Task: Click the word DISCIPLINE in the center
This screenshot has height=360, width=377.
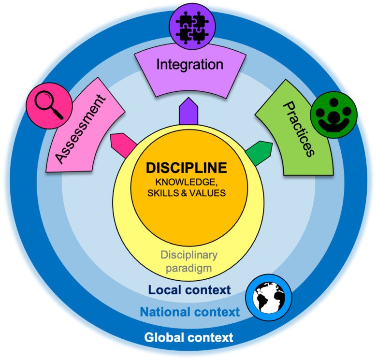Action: tap(187, 168)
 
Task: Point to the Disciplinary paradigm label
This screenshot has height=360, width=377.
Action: tap(189, 261)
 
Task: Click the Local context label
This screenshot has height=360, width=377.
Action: tap(189, 290)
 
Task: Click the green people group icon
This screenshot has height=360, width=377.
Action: tap(333, 114)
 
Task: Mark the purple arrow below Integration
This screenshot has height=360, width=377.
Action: tap(187, 112)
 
